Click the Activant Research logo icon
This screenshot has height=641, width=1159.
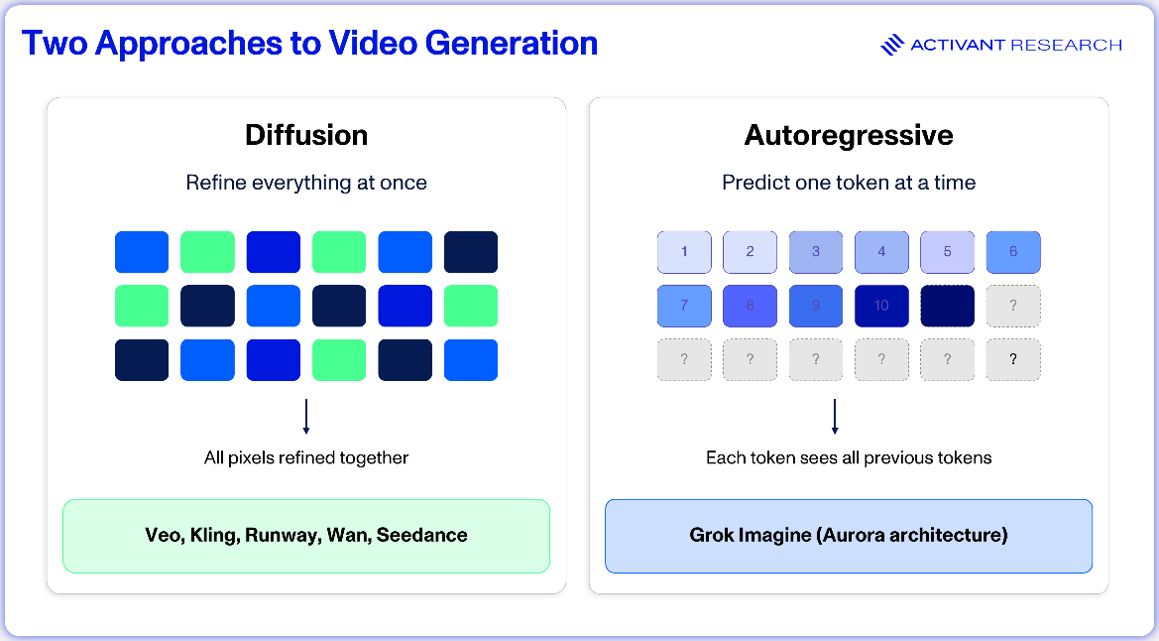point(892,45)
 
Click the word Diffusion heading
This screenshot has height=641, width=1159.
point(306,136)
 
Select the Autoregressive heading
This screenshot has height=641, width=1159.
point(849,136)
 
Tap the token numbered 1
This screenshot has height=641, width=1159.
point(684,252)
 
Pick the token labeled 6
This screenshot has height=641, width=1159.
point(1013,252)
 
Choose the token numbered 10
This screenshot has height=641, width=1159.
point(881,306)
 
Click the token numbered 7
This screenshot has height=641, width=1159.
point(684,306)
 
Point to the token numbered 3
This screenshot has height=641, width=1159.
point(816,252)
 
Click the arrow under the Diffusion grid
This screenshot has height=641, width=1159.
point(306,417)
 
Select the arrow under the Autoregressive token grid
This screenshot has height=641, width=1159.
point(835,417)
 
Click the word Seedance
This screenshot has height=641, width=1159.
point(422,535)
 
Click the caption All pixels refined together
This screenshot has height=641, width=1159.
point(306,458)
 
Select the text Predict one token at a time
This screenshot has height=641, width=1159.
point(849,183)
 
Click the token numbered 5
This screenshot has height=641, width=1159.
point(948,252)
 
